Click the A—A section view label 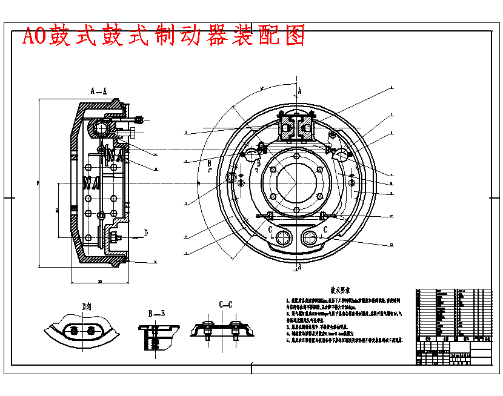[x=99, y=91]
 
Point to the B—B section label [x=156, y=313]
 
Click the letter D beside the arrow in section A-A [x=146, y=233]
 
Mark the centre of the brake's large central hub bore [x=298, y=182]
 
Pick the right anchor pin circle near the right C [x=311, y=236]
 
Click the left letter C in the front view [x=270, y=229]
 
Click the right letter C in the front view [x=326, y=229]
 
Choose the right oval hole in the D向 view [x=91, y=330]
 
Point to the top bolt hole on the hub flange [x=298, y=156]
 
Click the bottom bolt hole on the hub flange [x=298, y=208]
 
